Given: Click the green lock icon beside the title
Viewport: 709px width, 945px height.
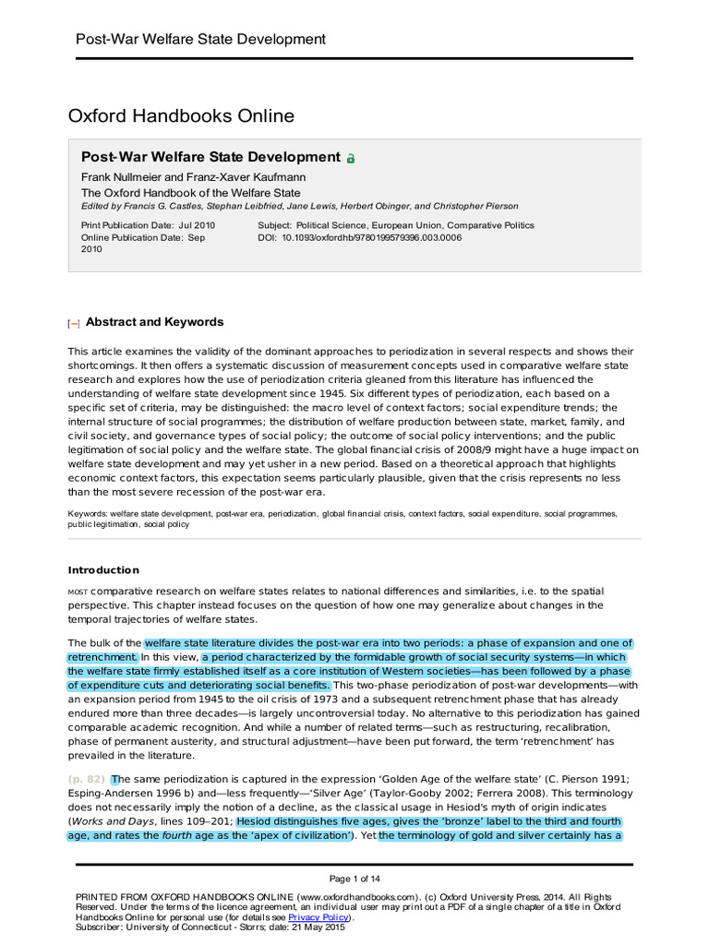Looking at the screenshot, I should [x=351, y=159].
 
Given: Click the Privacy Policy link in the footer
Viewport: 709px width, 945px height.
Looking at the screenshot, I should [x=318, y=918].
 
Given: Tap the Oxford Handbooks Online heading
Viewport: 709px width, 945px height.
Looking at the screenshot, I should [x=181, y=116].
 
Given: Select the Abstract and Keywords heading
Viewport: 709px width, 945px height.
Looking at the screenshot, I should [x=154, y=322].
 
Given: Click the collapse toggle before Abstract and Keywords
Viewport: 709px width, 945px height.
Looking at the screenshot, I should [x=74, y=323].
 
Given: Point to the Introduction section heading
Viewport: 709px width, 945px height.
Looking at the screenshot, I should [x=103, y=570].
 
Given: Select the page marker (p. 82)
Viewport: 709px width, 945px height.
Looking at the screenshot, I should [x=87, y=779].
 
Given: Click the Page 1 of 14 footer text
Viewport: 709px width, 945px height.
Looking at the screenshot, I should [x=354, y=878].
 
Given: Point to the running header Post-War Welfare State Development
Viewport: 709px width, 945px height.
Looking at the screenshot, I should [x=199, y=39].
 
